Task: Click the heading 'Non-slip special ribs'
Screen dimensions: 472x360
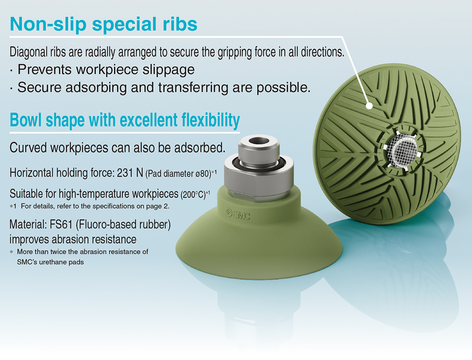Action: coord(103,24)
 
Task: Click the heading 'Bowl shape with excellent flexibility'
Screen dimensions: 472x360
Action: coord(125,120)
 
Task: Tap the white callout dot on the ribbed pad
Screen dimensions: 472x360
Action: coord(369,106)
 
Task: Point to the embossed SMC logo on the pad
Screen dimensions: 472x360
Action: coord(238,214)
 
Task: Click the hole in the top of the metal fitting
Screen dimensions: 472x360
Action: coord(257,140)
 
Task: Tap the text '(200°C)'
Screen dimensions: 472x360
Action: coord(193,194)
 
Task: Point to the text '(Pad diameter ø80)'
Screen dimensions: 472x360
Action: coord(178,174)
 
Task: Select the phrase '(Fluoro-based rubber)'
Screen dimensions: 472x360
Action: coord(123,224)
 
